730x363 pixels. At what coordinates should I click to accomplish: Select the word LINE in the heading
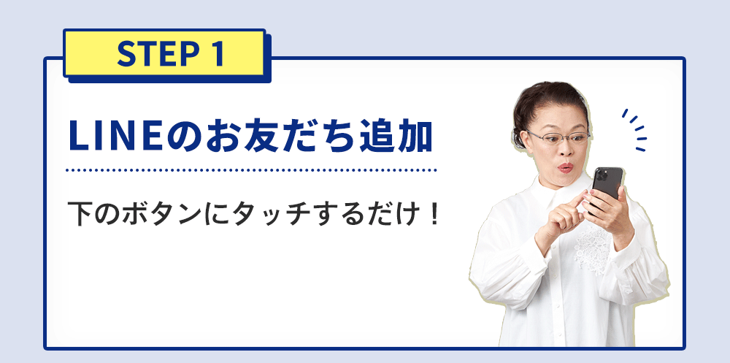click(x=115, y=137)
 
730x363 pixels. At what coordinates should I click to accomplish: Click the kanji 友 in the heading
click(x=266, y=136)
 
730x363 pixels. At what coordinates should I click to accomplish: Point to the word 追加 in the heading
click(x=397, y=136)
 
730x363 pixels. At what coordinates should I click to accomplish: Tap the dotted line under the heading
click(x=251, y=171)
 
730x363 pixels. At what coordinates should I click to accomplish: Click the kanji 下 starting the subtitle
click(x=79, y=213)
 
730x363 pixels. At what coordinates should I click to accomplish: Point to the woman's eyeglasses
click(x=558, y=137)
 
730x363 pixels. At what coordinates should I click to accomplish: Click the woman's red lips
click(x=565, y=167)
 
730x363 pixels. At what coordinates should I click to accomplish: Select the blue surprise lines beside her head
click(x=635, y=130)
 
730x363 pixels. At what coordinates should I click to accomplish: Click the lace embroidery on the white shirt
click(x=591, y=247)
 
